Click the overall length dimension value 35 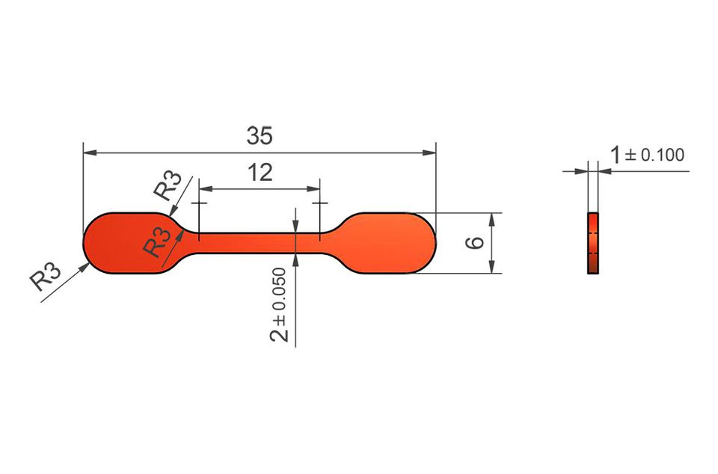tap(260, 136)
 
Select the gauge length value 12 tap(260, 173)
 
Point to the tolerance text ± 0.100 tap(654, 155)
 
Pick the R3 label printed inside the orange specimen tap(157, 242)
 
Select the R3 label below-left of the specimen tap(46, 275)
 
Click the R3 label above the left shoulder tap(168, 185)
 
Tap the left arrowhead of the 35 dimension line tap(90, 153)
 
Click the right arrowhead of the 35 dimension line tap(429, 153)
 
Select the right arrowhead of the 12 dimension tap(313, 188)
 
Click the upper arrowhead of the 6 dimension tap(492, 220)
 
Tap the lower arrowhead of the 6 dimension tap(492, 267)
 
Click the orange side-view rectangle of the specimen tap(593, 243)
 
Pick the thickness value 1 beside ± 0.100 tap(616, 155)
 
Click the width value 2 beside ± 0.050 tap(279, 333)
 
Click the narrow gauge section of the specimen tap(260, 243)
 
